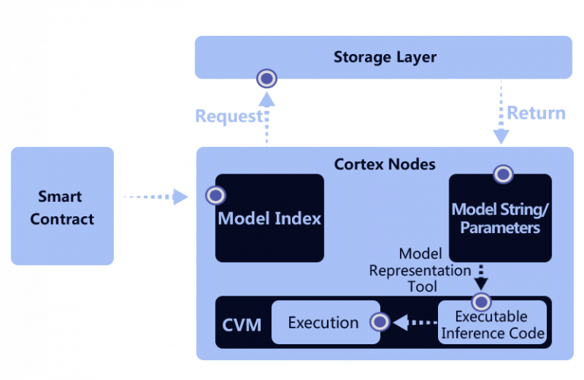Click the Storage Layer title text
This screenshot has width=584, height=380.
pos(385,58)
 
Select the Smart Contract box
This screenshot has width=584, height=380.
pos(62,206)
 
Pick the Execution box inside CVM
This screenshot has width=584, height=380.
pos(323,323)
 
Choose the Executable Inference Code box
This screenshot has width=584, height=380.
pos(492,324)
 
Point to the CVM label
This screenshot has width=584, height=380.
pos(242,325)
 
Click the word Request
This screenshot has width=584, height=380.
pos(227,117)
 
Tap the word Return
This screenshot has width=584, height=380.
pos(536,113)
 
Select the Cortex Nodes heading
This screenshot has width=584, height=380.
pos(385,164)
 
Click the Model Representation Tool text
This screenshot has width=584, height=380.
pos(420,270)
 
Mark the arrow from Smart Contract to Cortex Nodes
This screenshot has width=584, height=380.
pos(155,197)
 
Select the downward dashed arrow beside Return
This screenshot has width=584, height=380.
pos(500,114)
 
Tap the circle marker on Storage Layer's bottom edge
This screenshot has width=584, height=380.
pos(267,78)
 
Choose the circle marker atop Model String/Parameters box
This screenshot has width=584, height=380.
pos(503,174)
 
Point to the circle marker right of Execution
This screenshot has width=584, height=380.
pos(379,322)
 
